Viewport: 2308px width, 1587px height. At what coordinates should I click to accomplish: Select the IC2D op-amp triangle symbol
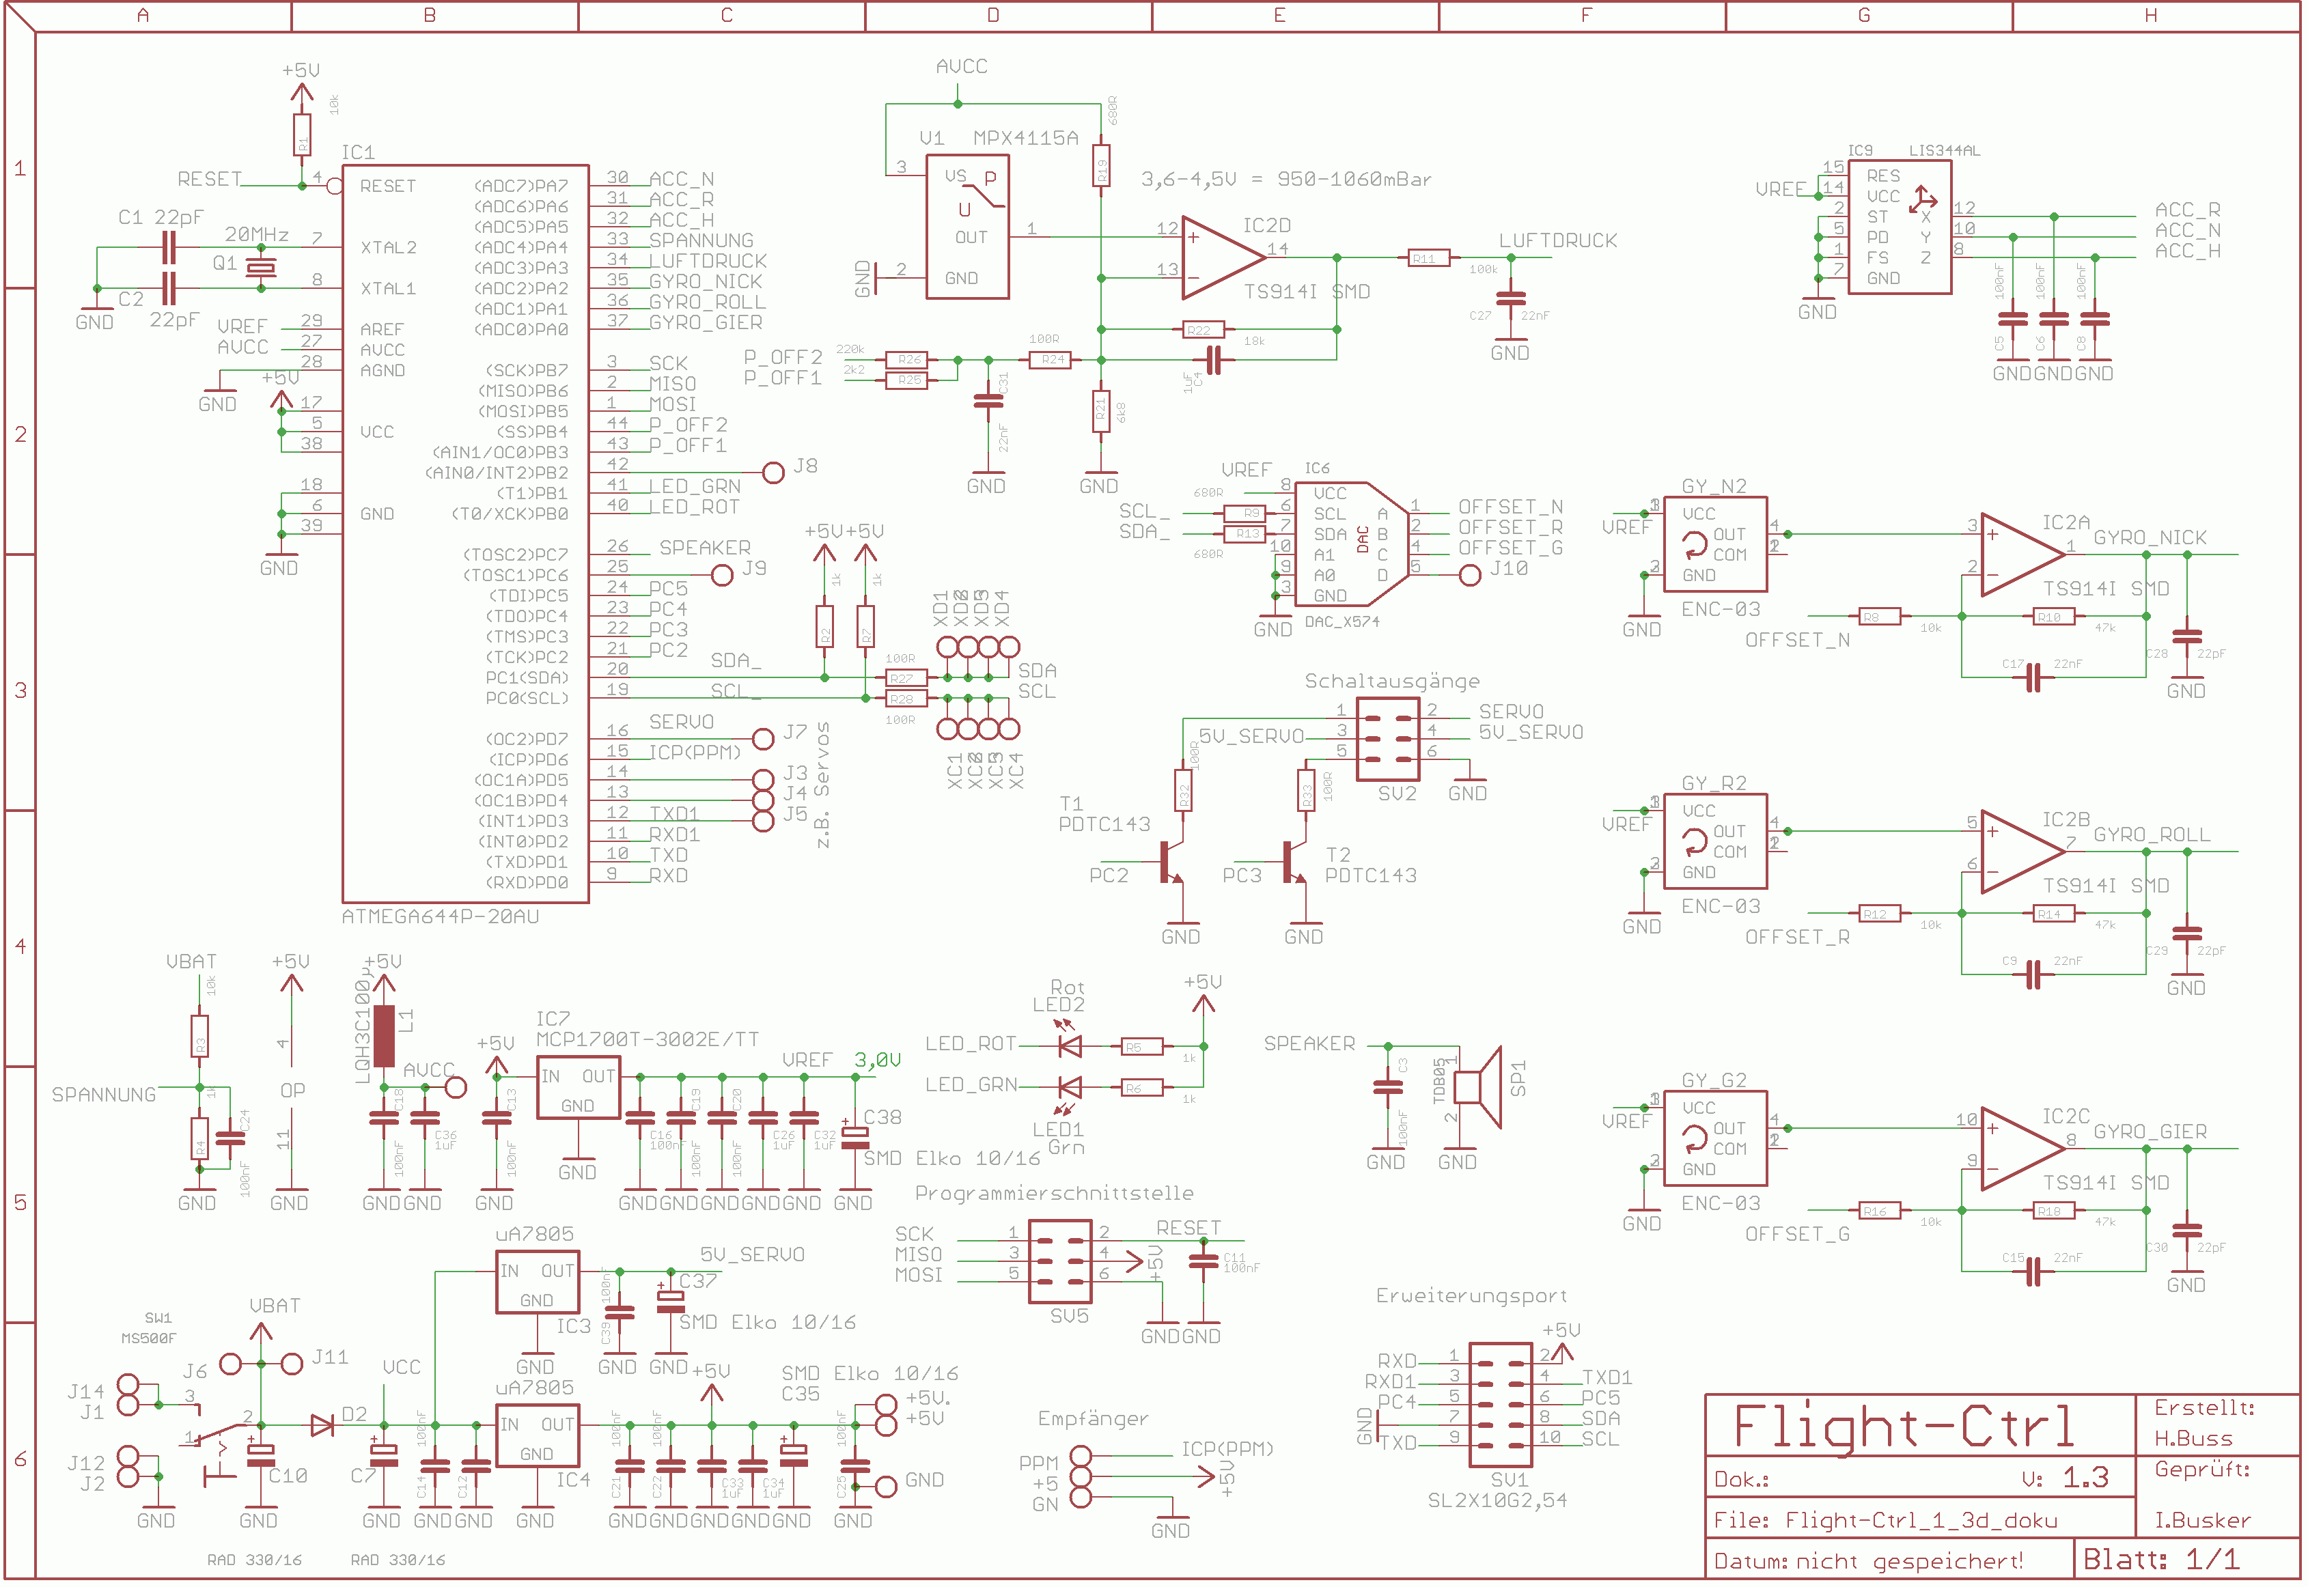click(1221, 257)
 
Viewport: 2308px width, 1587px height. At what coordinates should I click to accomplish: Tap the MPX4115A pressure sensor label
click(1025, 138)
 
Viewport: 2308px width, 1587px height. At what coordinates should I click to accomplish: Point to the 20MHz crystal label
click(257, 235)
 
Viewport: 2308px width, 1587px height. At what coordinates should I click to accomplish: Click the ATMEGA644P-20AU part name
click(441, 917)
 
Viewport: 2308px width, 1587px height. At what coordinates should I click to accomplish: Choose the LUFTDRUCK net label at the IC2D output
click(1557, 240)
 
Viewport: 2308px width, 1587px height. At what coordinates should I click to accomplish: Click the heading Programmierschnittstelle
click(1053, 1193)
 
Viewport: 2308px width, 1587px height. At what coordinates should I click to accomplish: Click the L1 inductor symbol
click(384, 1036)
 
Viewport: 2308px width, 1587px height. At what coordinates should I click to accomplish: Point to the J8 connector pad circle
click(774, 473)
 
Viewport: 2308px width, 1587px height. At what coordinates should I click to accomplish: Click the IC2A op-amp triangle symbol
click(2020, 555)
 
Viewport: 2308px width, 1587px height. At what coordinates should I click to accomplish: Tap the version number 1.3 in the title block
click(2085, 1478)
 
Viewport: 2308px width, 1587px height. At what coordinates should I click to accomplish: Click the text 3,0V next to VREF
click(877, 1060)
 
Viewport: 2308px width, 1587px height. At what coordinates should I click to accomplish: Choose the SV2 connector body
click(1387, 739)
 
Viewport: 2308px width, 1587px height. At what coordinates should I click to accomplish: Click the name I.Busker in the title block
click(2201, 1520)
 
